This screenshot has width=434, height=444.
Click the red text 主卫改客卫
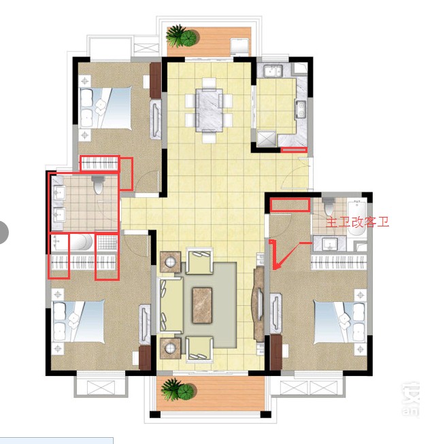(358, 222)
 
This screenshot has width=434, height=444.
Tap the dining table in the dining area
(210, 110)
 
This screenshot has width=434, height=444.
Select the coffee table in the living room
(202, 305)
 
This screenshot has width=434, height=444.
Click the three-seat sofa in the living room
(171, 305)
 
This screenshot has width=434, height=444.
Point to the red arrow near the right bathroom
(286, 256)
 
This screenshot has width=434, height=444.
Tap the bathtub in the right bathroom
(356, 218)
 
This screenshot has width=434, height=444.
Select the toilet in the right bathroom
(329, 207)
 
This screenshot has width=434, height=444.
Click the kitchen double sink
(273, 71)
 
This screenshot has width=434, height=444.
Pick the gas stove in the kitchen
(301, 109)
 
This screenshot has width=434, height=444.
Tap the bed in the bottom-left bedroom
(79, 321)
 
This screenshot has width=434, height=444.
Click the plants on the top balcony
(182, 36)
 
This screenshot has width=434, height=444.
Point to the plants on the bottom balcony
(178, 390)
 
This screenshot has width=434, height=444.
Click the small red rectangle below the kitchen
(294, 150)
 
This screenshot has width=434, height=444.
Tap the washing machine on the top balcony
(239, 46)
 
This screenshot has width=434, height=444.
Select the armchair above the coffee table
(199, 261)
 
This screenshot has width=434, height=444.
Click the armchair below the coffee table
(199, 349)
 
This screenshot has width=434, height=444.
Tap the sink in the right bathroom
(329, 244)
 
